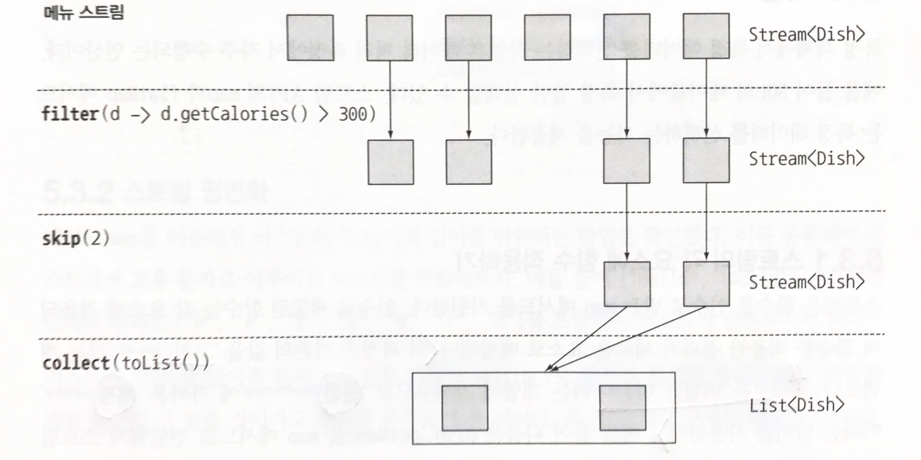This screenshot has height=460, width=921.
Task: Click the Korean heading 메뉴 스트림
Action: click(83, 13)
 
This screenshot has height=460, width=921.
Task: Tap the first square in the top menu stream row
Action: click(310, 38)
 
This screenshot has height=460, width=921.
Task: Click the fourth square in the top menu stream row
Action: click(548, 37)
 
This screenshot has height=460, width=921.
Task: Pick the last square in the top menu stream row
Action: click(706, 36)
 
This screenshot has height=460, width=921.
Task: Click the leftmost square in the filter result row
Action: click(391, 162)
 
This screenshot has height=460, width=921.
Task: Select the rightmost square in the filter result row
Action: click(706, 160)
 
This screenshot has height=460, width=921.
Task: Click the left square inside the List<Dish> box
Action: click(465, 408)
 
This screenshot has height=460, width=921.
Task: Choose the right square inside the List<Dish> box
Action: click(622, 408)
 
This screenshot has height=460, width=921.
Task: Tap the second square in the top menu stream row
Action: click(389, 38)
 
